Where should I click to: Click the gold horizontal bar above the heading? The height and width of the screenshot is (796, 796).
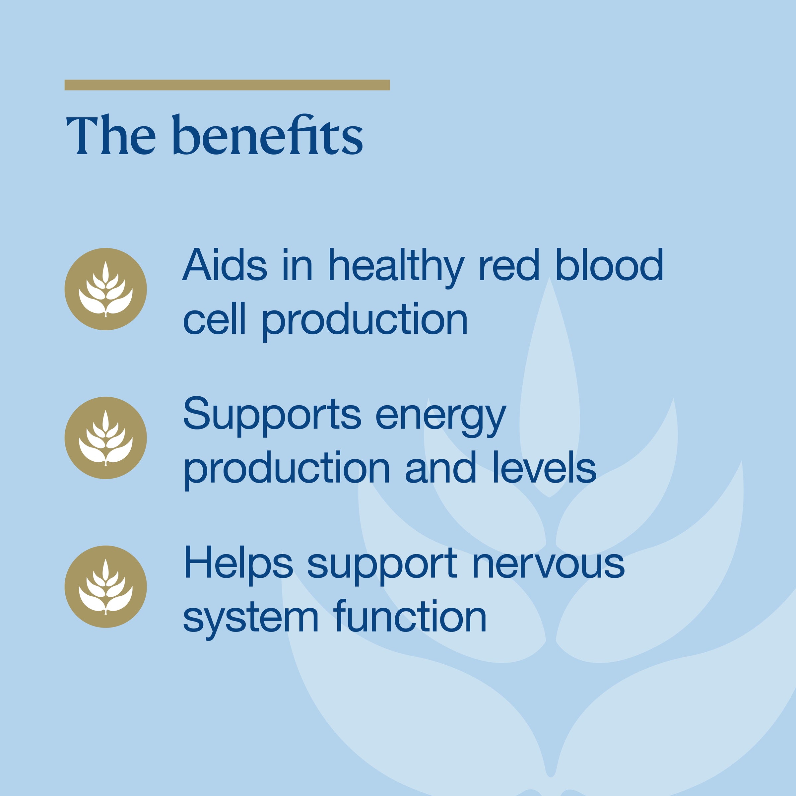click(x=227, y=85)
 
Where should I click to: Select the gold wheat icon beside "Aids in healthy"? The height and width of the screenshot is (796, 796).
click(x=106, y=289)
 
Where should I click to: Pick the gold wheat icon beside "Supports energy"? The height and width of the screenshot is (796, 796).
click(x=106, y=437)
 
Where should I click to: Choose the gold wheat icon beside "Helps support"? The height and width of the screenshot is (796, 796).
click(x=106, y=587)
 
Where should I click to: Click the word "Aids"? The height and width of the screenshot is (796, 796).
click(x=225, y=265)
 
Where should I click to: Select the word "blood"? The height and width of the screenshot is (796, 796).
click(x=609, y=265)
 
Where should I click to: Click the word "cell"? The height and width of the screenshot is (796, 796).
click(x=214, y=318)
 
